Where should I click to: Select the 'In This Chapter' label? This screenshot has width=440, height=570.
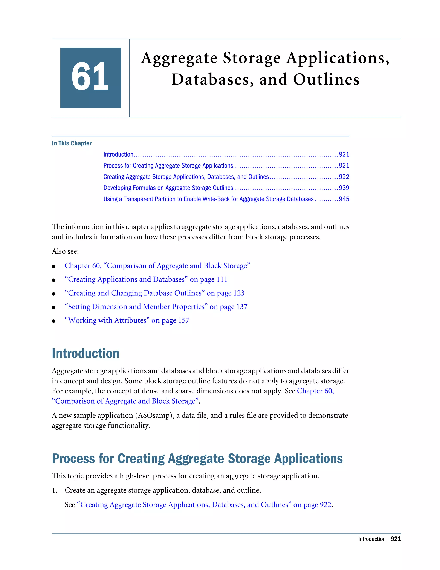point(72,143)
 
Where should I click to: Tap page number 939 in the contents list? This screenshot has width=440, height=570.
point(344,188)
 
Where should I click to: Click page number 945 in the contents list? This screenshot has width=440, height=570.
point(344,199)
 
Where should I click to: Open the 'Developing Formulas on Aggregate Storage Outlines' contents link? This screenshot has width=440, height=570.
point(168,188)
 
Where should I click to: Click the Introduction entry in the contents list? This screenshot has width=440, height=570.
point(118,154)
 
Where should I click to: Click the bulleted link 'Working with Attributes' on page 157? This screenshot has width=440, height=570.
point(127,320)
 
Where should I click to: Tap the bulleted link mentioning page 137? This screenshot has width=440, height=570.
point(156,307)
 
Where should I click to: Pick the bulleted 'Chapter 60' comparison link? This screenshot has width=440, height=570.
point(157,266)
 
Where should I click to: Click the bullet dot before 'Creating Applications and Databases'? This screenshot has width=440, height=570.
point(54,280)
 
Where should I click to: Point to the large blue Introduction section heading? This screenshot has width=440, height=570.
point(86,353)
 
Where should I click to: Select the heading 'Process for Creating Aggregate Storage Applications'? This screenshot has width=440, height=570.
point(197,459)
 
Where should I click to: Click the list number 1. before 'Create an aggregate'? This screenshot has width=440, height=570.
point(55,490)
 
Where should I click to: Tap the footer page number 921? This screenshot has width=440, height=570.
point(396,539)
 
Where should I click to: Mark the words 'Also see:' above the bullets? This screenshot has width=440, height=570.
point(65,251)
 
